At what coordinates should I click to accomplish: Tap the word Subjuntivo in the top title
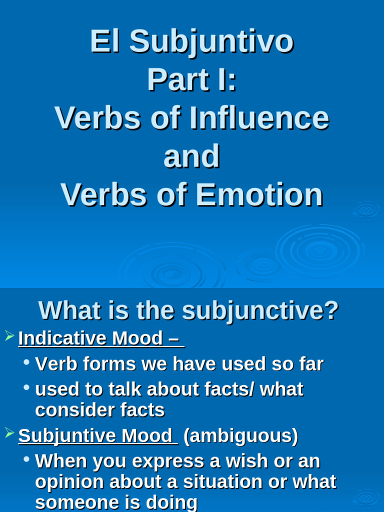coord(211,43)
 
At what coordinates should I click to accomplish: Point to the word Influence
coord(259,118)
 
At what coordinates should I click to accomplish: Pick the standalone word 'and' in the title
coord(191,156)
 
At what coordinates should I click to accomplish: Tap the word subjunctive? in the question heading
coord(260,311)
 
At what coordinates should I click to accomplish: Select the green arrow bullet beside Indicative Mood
coord(9,336)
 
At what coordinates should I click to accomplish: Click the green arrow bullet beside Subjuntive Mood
coord(9,433)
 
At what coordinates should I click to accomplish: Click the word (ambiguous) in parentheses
coord(240,436)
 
